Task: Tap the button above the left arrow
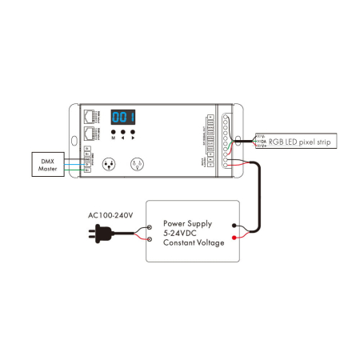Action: [124, 131]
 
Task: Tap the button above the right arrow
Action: [134, 131]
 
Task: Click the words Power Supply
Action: [189, 224]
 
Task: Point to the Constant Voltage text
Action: [194, 243]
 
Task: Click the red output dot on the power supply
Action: [233, 238]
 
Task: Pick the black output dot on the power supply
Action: [233, 226]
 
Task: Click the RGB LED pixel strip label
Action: [298, 141]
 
